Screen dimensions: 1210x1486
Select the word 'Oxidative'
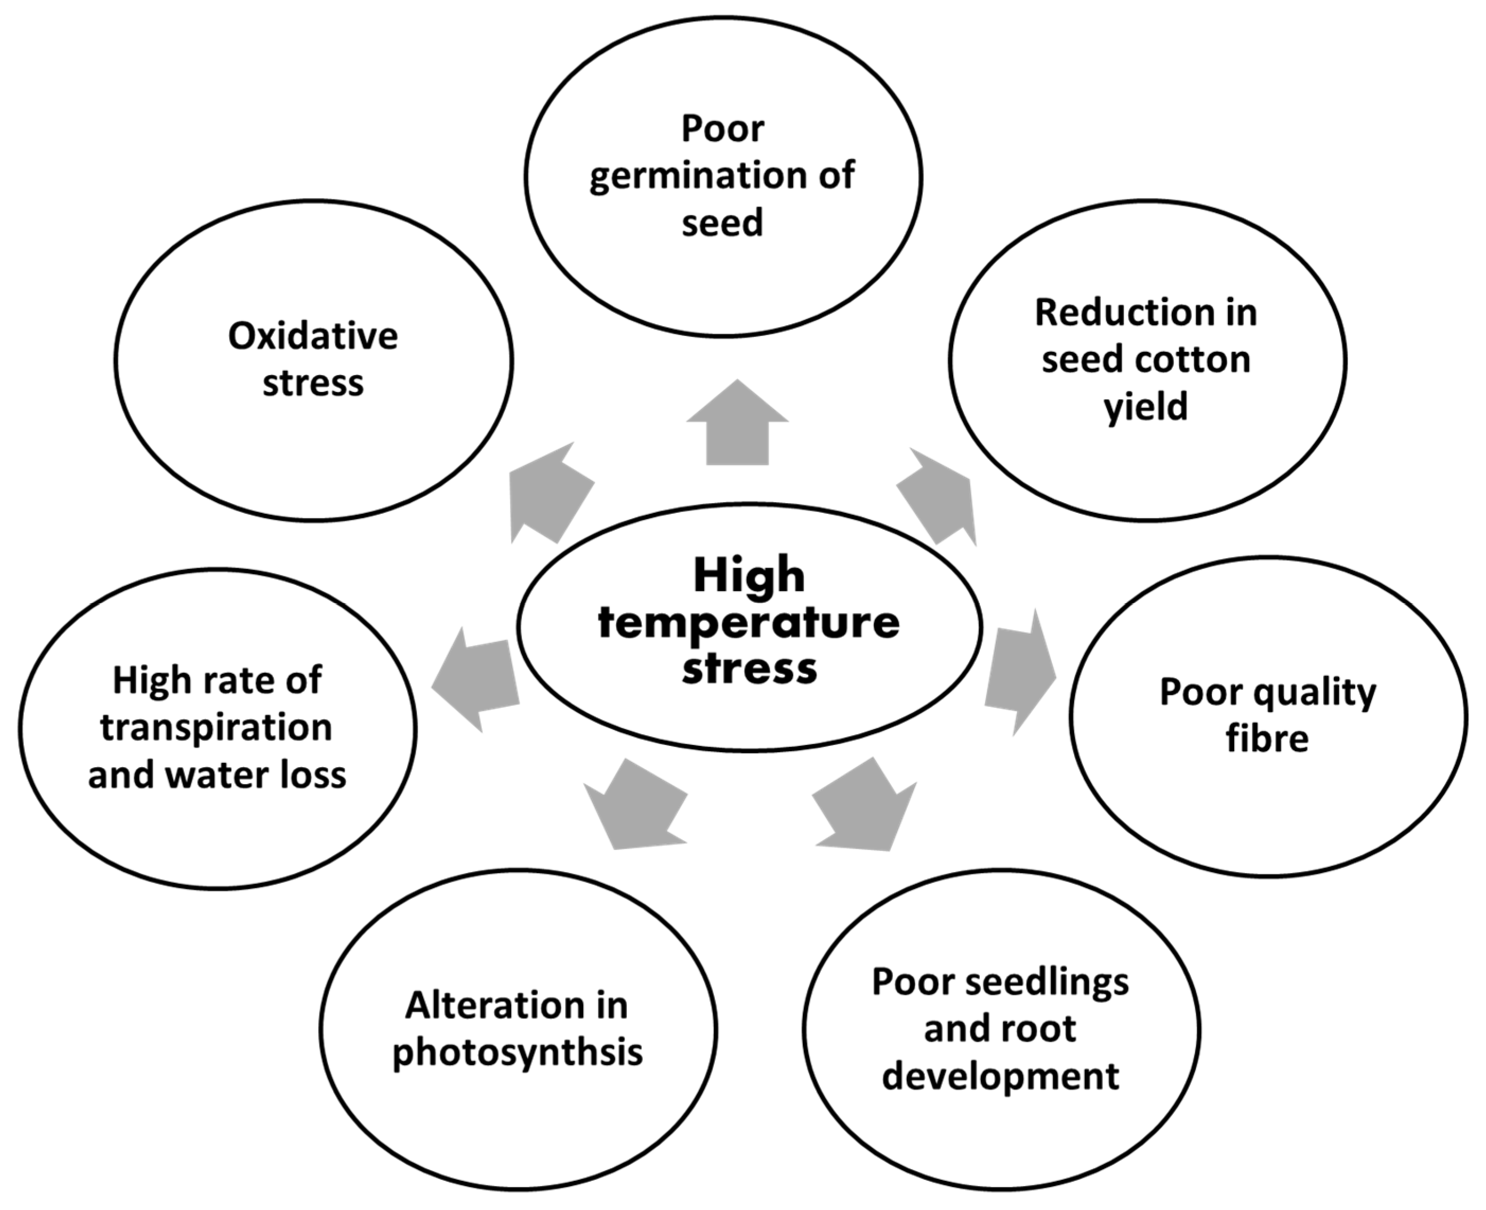[x=313, y=336]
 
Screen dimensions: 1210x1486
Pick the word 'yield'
[x=1146, y=407]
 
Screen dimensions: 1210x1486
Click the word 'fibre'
[x=1267, y=739]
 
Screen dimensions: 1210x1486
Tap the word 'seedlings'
[x=1047, y=983]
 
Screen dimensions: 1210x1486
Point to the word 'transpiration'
[x=216, y=728]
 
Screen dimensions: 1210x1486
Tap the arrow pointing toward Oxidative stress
[x=548, y=492]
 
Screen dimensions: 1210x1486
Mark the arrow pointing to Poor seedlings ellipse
[x=865, y=805]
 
